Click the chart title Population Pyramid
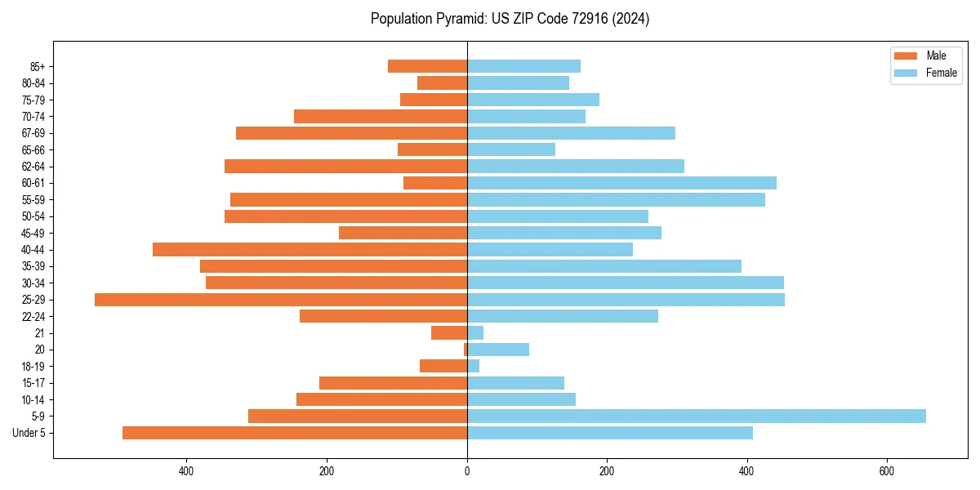coord(510,19)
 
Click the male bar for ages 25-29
coord(281,300)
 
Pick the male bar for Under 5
coord(295,433)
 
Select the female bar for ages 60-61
coord(621,183)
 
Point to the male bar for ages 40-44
coord(310,250)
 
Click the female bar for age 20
coord(498,350)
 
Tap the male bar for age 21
coord(449,333)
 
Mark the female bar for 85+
coord(523,66)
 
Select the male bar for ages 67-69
coord(351,133)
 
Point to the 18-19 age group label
coord(33,367)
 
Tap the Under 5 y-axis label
coord(29,433)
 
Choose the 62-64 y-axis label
coord(33,167)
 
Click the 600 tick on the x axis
coord(886,471)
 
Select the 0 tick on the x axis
coord(467,471)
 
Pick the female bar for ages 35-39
coord(604,266)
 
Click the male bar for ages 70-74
coord(381,117)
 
